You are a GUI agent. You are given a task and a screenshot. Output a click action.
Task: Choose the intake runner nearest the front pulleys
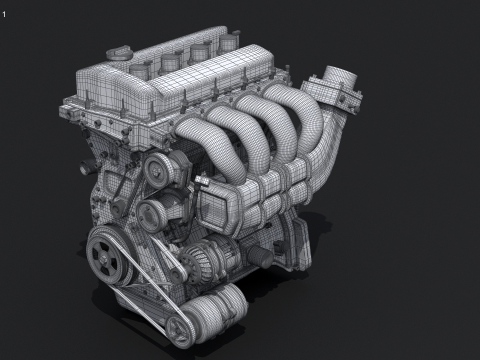(200, 135)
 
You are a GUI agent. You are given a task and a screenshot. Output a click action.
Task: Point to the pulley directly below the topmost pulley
(151, 211)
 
